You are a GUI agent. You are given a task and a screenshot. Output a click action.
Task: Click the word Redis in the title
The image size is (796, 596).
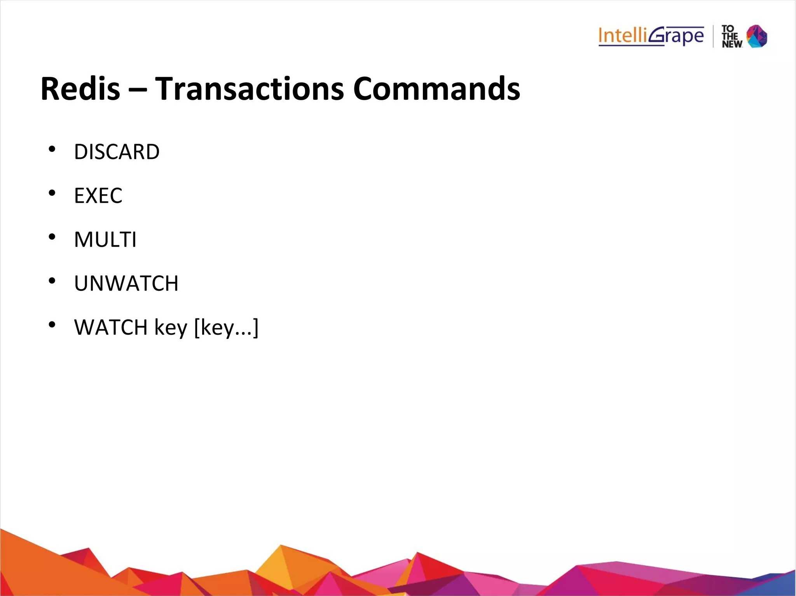80,89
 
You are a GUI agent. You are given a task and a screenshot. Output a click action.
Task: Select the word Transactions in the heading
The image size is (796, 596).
250,89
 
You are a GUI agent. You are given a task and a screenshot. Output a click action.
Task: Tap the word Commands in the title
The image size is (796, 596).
436,89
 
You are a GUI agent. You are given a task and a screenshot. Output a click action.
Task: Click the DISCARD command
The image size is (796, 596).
117,152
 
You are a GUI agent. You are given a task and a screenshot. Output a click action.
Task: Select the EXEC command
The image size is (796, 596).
98,196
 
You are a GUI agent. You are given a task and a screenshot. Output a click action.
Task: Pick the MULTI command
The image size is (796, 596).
105,240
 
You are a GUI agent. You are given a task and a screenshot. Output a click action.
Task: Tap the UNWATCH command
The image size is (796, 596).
126,283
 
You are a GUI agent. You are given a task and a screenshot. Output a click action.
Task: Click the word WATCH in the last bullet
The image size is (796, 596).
111,327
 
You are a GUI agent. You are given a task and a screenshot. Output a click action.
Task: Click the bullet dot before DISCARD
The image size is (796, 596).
52,149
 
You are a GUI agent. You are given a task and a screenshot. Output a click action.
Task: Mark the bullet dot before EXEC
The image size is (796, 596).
52,193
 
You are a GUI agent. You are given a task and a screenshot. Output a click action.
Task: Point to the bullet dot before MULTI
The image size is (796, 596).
52,237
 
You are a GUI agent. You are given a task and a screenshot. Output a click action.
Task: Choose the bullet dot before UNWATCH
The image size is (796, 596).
52,281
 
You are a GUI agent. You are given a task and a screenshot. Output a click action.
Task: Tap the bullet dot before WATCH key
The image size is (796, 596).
52,325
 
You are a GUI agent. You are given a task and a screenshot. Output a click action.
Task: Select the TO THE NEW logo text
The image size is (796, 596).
731,37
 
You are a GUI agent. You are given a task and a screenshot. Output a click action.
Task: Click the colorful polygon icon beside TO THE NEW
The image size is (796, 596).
757,36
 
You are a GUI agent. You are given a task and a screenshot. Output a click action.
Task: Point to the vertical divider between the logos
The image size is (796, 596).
713,36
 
